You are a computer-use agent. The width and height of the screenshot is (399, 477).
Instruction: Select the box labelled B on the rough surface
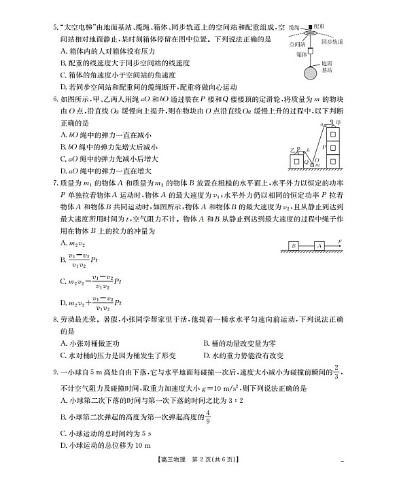tap(293, 245)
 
